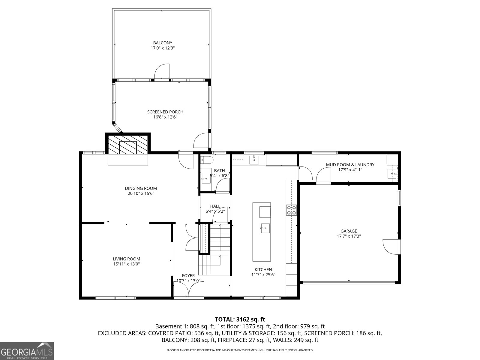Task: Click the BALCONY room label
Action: pyautogui.click(x=163, y=43)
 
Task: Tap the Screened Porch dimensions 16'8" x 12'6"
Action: pyautogui.click(x=165, y=117)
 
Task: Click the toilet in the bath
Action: pyautogui.click(x=207, y=160)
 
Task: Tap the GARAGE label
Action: pyautogui.click(x=349, y=231)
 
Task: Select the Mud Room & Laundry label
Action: pyautogui.click(x=350, y=165)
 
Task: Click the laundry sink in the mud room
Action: pyautogui.click(x=392, y=173)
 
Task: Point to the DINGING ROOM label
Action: pyautogui.click(x=141, y=188)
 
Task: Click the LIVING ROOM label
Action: pyautogui.click(x=126, y=259)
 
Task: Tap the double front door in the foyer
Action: pyautogui.click(x=189, y=290)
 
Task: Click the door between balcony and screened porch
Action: pyautogui.click(x=162, y=72)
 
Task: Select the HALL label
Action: pyautogui.click(x=215, y=206)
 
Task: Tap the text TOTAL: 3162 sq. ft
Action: pyautogui.click(x=240, y=319)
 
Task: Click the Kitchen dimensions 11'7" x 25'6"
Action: pyautogui.click(x=263, y=274)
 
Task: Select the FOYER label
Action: pyautogui.click(x=188, y=275)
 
